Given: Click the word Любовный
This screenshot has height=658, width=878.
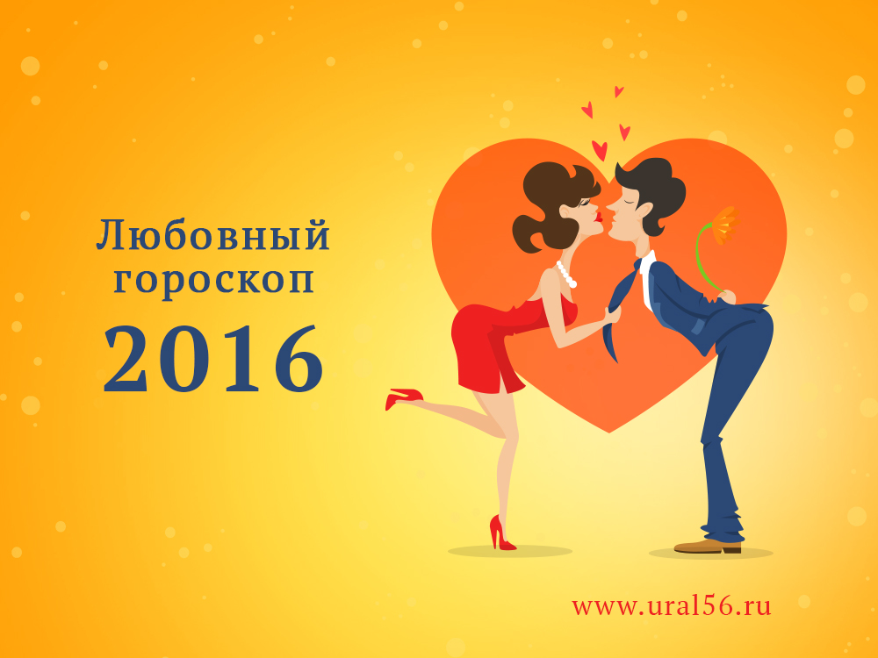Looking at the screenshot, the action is point(212,235).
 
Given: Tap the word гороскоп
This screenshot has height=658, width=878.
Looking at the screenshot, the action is point(213,280).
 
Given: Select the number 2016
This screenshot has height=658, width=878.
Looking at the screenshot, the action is point(213,359).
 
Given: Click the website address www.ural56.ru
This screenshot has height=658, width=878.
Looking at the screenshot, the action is point(671,606).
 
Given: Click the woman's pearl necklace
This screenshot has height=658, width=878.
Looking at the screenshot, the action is point(566,274).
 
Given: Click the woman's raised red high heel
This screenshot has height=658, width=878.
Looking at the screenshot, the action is point(403,397).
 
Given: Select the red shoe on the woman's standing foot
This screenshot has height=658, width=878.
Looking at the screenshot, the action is point(501,533).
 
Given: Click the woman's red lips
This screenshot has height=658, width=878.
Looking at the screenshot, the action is point(599,218).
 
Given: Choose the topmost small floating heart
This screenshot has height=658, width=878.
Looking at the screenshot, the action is point(618,91).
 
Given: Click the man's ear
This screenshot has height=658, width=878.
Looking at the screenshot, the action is point(644,211).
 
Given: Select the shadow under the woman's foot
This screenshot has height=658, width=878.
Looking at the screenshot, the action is point(509,552).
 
